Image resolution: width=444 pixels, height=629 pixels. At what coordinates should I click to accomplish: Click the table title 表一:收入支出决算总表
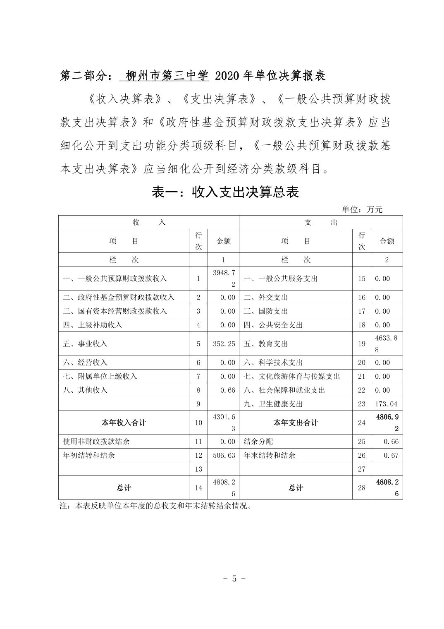[225, 192]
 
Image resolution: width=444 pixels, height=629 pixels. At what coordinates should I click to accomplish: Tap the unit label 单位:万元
[362, 209]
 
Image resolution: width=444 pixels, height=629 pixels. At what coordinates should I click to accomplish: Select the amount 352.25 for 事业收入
[224, 344]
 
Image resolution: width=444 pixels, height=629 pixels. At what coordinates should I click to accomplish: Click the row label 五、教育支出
[266, 344]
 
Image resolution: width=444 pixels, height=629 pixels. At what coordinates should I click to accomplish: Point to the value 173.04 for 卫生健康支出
[387, 404]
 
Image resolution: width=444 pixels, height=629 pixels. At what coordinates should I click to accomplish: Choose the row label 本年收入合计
[124, 423]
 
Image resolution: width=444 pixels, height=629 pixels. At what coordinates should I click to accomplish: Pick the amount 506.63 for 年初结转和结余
[224, 455]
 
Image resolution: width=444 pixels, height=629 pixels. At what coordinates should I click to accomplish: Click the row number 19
[362, 344]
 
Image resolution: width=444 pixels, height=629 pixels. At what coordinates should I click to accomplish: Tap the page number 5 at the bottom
[234, 578]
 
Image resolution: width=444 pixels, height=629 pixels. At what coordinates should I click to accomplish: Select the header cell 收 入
[149, 222]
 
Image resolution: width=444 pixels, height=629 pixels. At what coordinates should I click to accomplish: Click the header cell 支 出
[321, 222]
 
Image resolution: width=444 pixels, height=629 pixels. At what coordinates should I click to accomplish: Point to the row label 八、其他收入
[85, 390]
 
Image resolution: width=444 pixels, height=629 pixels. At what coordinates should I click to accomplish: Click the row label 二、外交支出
[266, 297]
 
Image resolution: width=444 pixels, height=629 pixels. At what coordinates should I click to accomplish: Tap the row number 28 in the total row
[362, 488]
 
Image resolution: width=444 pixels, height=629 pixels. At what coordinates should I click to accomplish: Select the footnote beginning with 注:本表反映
[155, 505]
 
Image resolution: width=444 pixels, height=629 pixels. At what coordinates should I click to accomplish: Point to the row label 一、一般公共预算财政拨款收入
[115, 278]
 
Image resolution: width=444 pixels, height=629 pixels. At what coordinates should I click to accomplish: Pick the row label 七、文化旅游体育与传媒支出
[292, 376]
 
